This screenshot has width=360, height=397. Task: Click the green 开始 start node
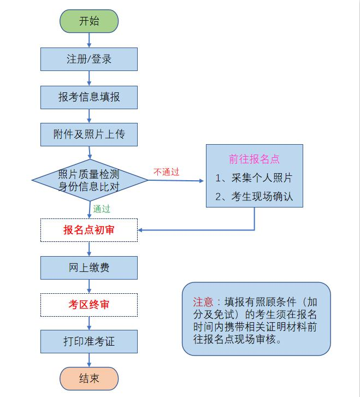[x=89, y=21]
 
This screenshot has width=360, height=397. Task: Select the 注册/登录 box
[x=89, y=59]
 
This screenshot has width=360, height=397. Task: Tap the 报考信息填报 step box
[x=89, y=97]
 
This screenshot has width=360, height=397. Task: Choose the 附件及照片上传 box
[x=89, y=134]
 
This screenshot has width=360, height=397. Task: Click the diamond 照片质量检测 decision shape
[x=90, y=180]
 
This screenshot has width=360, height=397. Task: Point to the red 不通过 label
[x=166, y=172]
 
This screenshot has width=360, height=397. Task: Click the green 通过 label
[x=102, y=209]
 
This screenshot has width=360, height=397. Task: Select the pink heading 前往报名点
[x=254, y=159]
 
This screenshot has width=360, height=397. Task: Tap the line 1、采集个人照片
[x=254, y=177]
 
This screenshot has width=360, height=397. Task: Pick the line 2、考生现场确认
[x=254, y=197]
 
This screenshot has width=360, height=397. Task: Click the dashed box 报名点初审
[x=89, y=230]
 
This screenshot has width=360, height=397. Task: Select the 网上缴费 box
[x=89, y=268]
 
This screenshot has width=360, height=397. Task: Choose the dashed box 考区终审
[x=89, y=305]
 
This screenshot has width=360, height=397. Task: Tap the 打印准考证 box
[x=89, y=341]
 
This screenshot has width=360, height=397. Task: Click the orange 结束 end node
[x=89, y=378]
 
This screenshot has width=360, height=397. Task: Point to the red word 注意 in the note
[x=203, y=302]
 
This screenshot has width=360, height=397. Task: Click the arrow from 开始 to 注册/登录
[x=89, y=40]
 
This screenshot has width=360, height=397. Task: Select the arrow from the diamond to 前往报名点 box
[x=176, y=181]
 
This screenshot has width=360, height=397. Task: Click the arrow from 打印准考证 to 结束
[x=89, y=360]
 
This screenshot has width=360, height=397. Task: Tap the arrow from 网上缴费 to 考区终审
[x=89, y=286]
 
